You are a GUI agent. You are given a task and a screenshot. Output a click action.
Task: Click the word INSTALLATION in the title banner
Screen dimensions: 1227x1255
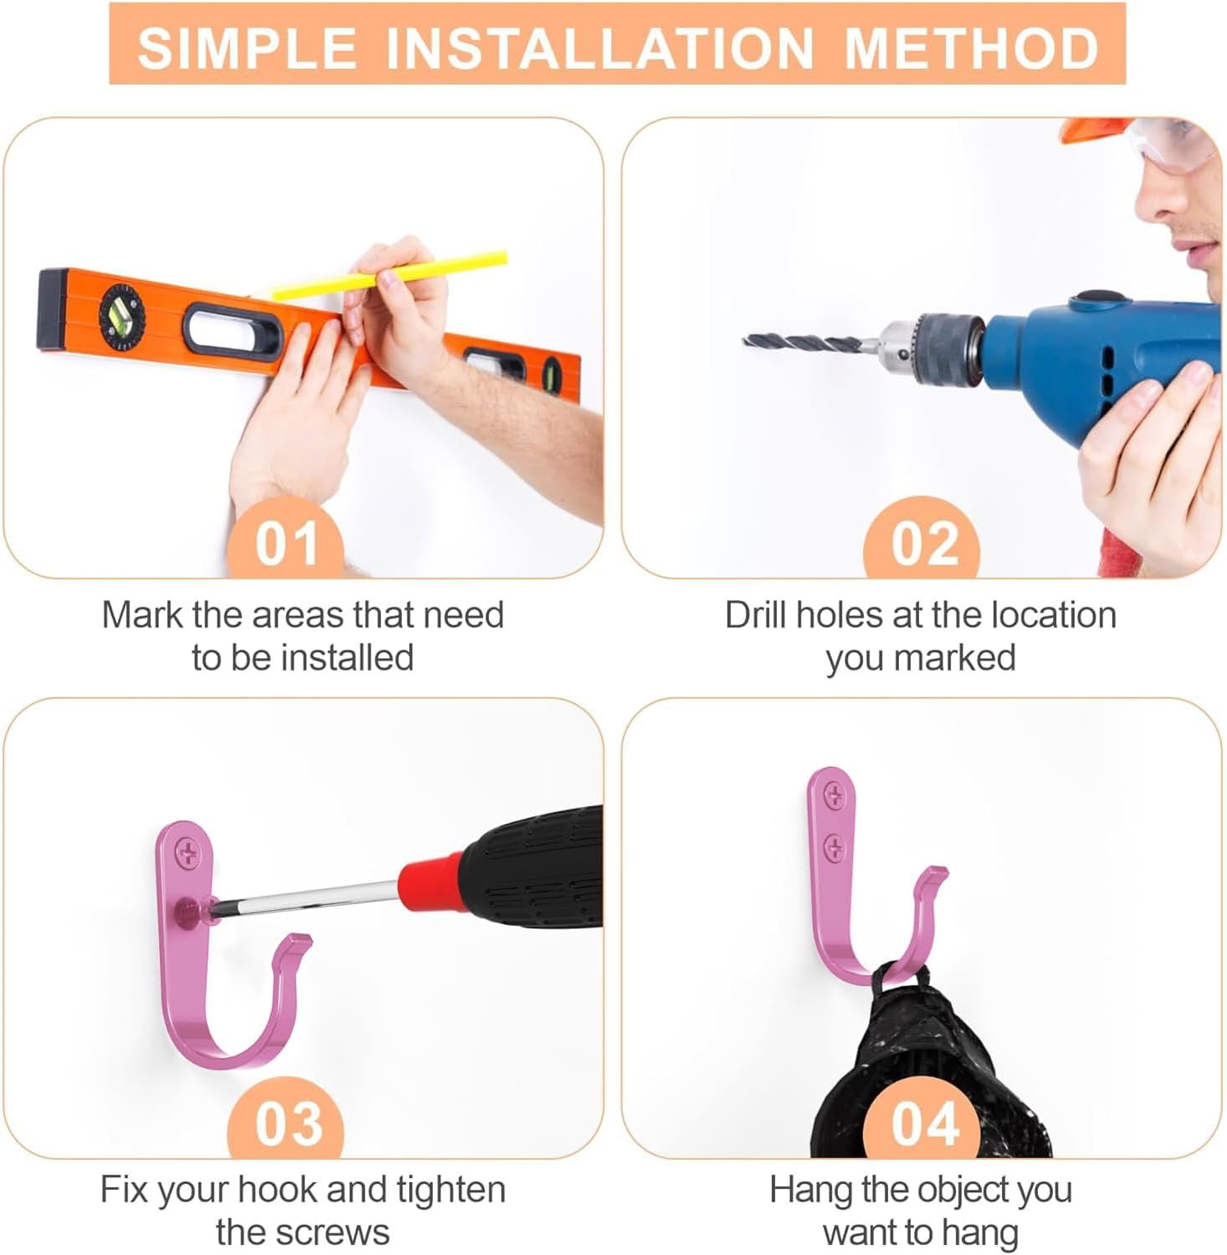(599, 47)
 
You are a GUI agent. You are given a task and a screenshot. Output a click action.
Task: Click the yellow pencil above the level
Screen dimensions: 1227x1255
(389, 274)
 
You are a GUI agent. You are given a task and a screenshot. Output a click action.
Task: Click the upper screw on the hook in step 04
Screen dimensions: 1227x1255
(834, 797)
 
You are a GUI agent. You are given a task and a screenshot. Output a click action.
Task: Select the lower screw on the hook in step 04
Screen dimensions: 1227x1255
(834, 848)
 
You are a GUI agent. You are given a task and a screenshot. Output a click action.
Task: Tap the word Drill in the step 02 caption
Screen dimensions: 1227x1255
(757, 615)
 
